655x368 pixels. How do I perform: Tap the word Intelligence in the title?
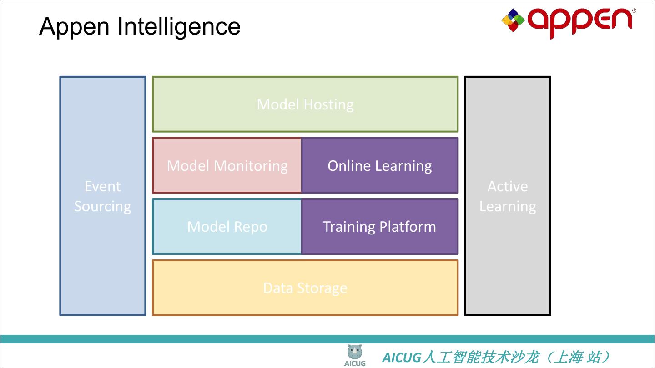pos(179,27)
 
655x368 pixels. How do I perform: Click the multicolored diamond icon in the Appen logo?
pos(513,20)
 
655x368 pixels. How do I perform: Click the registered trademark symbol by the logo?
pos(634,10)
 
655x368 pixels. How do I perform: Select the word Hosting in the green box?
pos(328,104)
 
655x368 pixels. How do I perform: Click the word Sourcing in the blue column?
pos(103,206)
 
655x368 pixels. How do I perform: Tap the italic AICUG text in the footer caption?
pos(402,358)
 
